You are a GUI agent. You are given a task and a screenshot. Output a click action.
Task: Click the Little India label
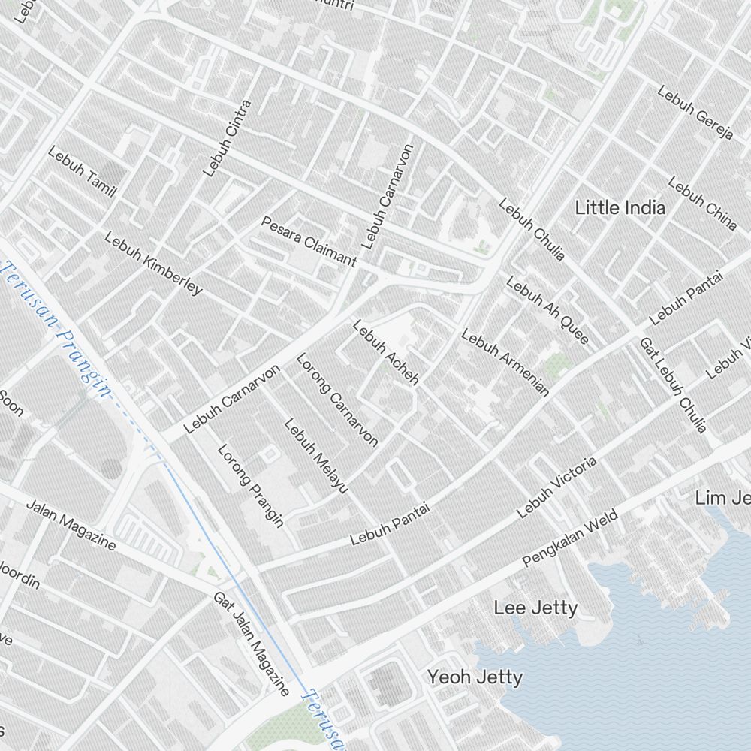[620, 208]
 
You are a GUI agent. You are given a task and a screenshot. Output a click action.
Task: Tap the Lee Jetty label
[535, 608]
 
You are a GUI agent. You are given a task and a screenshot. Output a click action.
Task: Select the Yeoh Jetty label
[475, 677]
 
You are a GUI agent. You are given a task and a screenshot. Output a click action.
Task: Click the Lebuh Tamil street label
[83, 172]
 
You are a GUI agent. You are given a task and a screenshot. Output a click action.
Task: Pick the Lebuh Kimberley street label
[153, 263]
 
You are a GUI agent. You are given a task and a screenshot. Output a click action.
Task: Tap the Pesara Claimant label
[309, 241]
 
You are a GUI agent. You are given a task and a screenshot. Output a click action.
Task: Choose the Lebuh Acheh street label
[385, 352]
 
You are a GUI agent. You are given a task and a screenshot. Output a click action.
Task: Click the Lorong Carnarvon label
[336, 400]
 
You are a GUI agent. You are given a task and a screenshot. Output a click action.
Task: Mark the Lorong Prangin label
[251, 485]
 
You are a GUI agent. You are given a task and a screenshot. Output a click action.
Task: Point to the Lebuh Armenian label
[505, 362]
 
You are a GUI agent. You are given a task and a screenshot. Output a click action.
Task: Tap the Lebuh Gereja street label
[695, 113]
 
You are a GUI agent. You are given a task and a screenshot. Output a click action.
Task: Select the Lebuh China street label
[702, 203]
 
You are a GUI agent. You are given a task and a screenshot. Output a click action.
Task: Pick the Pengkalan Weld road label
[570, 538]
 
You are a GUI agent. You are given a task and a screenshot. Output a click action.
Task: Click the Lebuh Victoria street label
[557, 487]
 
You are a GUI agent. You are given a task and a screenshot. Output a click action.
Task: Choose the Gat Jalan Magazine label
[251, 643]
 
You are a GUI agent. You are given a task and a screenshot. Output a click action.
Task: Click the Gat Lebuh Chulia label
[673, 385]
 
